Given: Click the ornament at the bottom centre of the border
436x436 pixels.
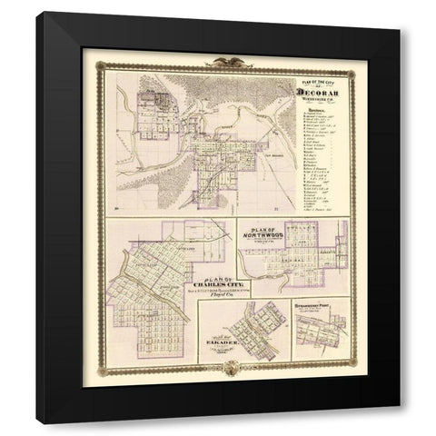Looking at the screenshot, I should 219,368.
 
